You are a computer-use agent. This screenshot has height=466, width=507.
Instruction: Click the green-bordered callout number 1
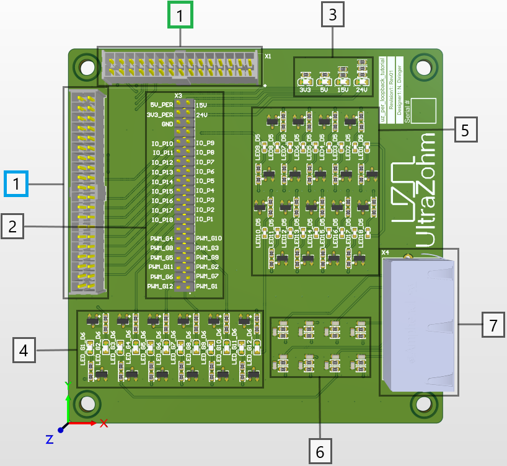click(x=180, y=16)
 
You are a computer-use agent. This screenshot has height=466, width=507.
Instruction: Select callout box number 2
click(x=12, y=227)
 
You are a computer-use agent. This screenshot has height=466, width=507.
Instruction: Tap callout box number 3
click(x=333, y=15)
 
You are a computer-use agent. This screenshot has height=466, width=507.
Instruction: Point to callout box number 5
click(x=466, y=130)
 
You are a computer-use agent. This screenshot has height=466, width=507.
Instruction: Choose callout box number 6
click(x=320, y=452)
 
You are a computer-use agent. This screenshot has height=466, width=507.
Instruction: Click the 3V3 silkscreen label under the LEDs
click(x=305, y=90)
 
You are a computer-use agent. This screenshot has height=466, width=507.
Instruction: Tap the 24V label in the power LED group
click(x=362, y=90)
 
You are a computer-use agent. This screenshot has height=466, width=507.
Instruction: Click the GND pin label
click(x=167, y=124)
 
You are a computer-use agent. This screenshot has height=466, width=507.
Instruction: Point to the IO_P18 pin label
click(x=162, y=220)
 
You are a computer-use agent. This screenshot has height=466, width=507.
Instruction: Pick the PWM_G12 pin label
click(x=161, y=286)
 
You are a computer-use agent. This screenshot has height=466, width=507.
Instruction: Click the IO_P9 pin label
click(x=205, y=143)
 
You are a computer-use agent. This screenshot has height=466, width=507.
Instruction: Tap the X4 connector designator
click(x=385, y=253)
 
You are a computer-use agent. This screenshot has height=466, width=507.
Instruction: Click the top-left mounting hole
click(x=86, y=67)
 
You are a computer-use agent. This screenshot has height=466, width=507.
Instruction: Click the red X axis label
click(x=104, y=423)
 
